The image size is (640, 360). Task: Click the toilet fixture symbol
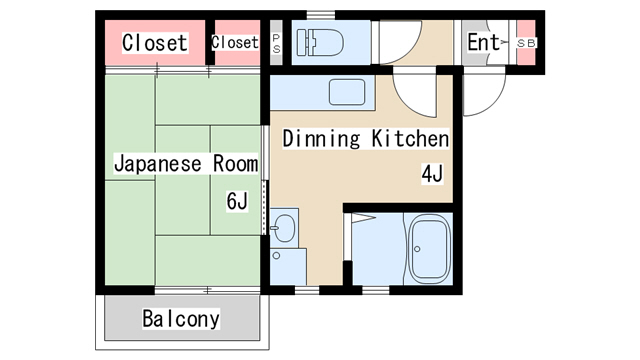(320, 42)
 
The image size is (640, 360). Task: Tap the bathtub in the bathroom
(430, 249)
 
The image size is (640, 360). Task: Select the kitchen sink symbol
(347, 92)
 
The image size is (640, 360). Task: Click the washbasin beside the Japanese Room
(284, 226)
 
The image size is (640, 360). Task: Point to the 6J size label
(237, 201)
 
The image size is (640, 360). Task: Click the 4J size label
(432, 174)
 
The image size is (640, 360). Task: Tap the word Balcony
(181, 319)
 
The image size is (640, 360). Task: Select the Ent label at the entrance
(483, 42)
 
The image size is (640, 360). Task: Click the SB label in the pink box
(526, 43)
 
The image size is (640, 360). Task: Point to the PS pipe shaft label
(276, 43)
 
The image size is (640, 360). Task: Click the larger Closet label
(155, 42)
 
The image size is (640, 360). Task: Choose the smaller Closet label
(235, 42)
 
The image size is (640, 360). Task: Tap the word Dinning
(322, 139)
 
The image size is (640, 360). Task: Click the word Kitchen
(410, 138)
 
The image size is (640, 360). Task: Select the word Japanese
(158, 164)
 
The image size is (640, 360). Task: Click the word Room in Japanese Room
(236, 163)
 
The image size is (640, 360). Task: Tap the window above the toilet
(321, 16)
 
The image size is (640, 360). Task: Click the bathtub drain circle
(417, 249)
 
